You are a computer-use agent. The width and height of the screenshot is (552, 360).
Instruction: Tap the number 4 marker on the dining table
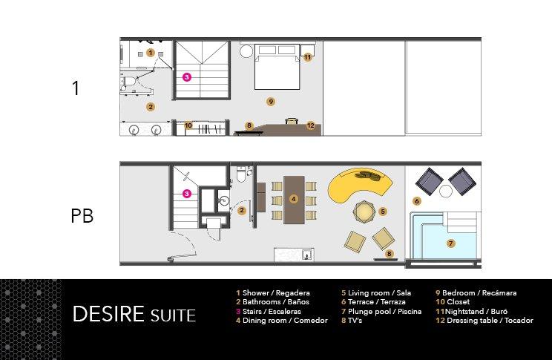(x=294, y=199)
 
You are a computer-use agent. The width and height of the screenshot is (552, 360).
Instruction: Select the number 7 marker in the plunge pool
(x=450, y=243)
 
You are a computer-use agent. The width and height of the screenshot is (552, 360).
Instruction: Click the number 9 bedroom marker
(x=272, y=101)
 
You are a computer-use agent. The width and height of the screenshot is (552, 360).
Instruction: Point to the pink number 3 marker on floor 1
(x=187, y=76)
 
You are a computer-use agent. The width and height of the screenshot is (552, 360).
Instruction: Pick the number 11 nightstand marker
(x=307, y=56)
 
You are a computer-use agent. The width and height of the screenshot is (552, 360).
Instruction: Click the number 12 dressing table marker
(x=311, y=125)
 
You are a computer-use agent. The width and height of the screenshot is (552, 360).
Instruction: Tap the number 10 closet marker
(x=188, y=125)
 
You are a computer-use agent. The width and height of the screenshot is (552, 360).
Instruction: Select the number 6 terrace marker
(x=417, y=201)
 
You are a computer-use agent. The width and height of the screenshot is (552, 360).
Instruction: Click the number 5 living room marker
(x=383, y=211)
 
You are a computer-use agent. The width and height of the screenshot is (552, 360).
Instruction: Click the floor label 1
(x=75, y=88)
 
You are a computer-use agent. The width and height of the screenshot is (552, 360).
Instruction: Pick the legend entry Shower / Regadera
(x=272, y=293)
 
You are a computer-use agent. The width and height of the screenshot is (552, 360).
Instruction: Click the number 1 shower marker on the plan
(x=151, y=53)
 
